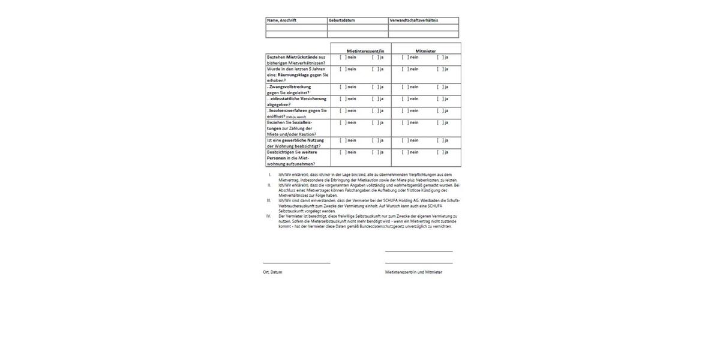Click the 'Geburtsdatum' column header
click(x=341, y=20)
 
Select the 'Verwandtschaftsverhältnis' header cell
click(x=414, y=20)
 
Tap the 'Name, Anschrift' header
click(x=281, y=20)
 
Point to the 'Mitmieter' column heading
click(x=425, y=51)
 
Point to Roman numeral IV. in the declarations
click(x=269, y=216)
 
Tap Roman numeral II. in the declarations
click(x=269, y=185)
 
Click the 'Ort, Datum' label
click(x=272, y=272)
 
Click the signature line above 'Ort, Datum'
click(x=296, y=263)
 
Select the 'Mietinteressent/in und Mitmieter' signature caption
click(x=413, y=272)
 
